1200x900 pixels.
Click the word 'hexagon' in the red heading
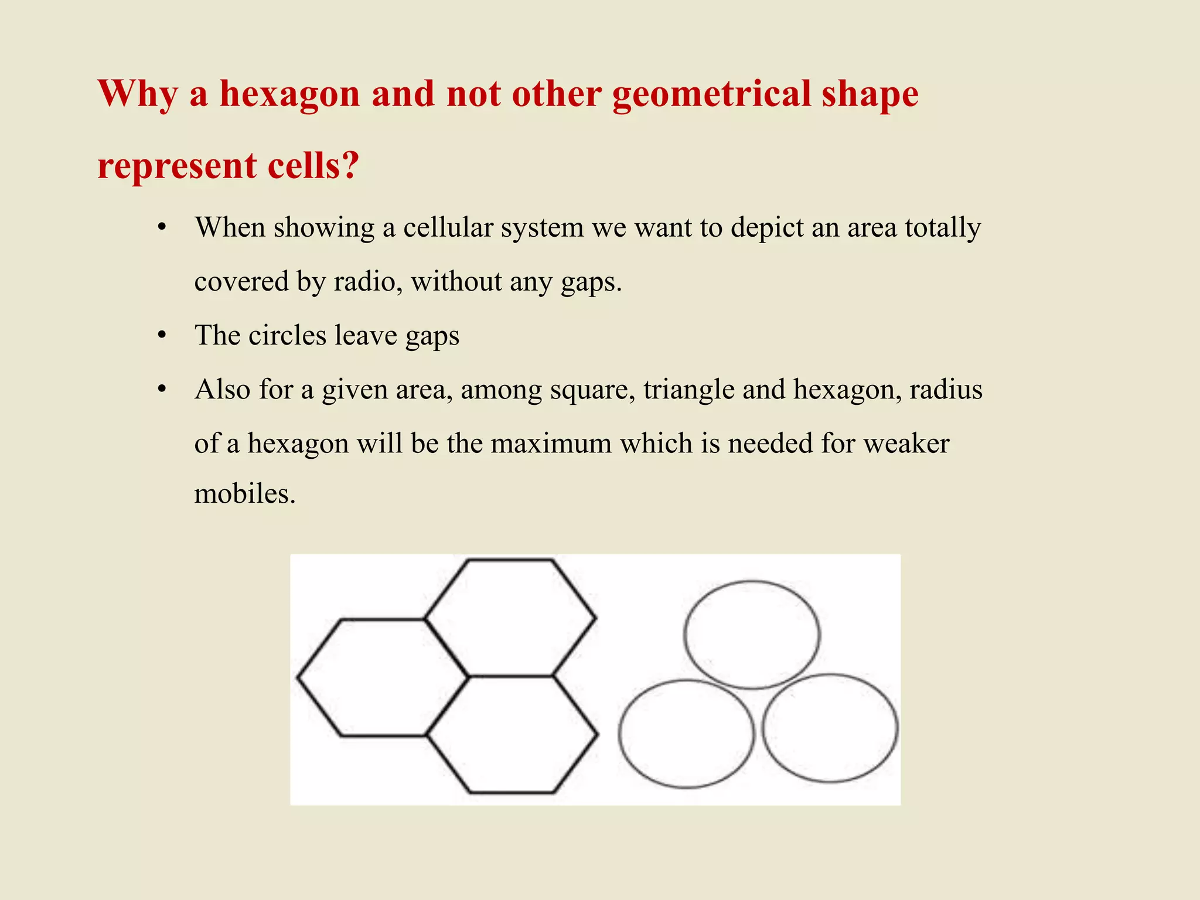289,95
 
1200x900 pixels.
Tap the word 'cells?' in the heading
313,166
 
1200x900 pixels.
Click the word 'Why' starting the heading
137,95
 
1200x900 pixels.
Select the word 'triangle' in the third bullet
689,390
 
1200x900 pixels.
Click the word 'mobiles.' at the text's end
245,493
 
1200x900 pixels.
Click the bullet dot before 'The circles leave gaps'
163,336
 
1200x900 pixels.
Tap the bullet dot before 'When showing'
163,229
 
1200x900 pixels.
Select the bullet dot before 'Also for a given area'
163,390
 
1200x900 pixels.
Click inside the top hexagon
510,617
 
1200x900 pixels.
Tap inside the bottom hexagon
512,735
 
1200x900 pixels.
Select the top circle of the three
752,635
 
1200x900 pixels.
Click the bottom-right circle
830,728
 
